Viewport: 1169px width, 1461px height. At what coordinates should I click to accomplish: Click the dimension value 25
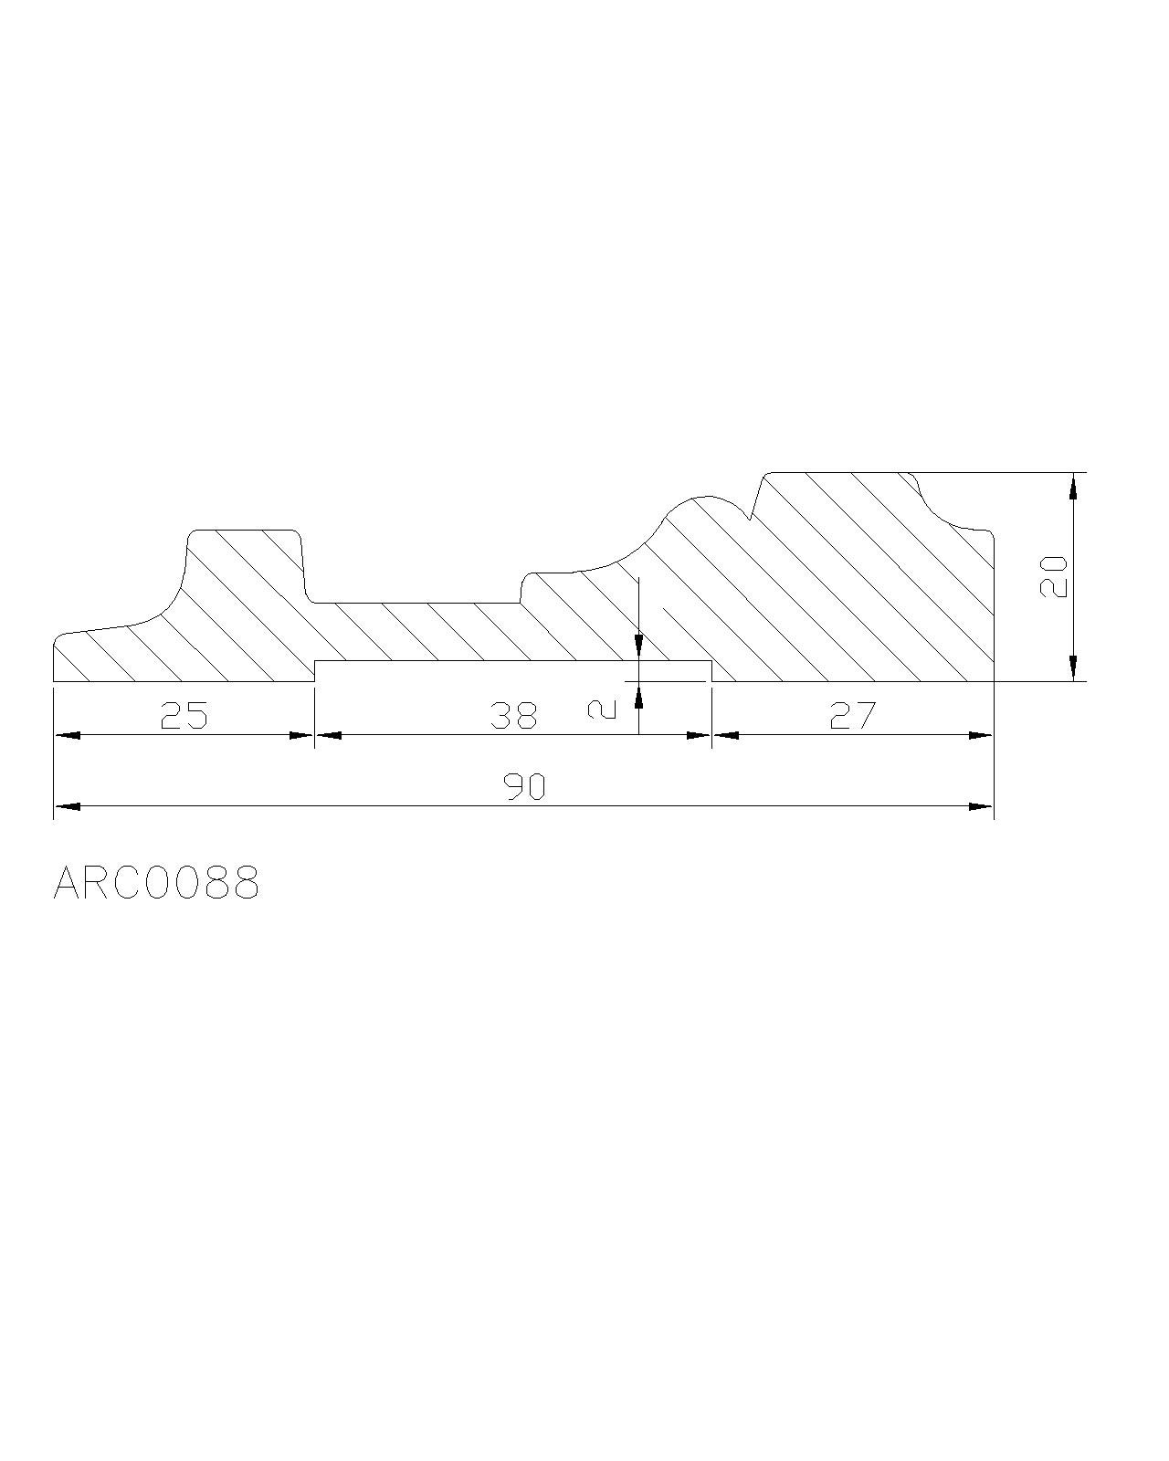point(184,716)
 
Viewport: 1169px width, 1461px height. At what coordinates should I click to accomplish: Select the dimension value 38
point(513,716)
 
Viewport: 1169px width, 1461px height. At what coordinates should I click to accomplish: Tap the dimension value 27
point(853,716)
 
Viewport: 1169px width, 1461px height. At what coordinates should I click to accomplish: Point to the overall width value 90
point(524,787)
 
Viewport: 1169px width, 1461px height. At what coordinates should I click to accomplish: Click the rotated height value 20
point(1054,576)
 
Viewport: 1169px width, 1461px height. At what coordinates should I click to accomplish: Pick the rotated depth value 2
point(602,709)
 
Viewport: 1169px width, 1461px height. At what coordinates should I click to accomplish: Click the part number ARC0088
point(156,883)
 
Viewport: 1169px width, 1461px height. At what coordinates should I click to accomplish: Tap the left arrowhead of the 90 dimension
point(67,806)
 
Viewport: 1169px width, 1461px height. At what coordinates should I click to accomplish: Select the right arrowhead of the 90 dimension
point(981,806)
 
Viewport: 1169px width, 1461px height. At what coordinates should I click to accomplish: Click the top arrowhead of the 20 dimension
point(1072,486)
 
